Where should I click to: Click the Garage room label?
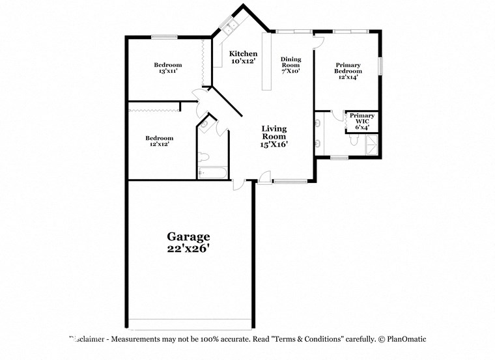click(x=188, y=237)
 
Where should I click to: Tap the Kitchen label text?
click(x=243, y=53)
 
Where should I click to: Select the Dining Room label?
click(x=290, y=62)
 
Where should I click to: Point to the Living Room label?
click(x=274, y=133)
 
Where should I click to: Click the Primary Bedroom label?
click(x=348, y=68)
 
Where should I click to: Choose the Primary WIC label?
click(x=362, y=118)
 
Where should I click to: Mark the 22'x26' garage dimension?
click(x=188, y=249)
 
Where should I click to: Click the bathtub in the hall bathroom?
click(x=212, y=174)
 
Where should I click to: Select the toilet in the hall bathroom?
click(x=203, y=157)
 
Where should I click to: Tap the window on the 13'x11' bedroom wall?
click(x=165, y=36)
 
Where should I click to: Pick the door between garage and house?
click(x=238, y=185)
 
